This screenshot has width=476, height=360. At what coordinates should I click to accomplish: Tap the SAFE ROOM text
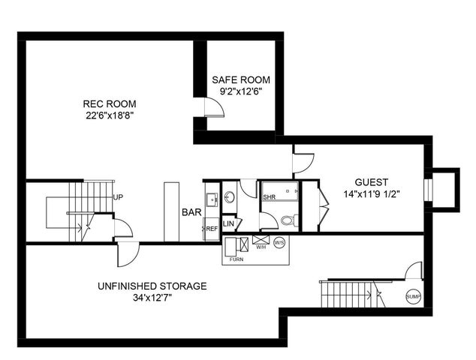point(240,80)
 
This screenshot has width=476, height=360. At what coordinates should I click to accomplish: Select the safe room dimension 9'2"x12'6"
point(240,91)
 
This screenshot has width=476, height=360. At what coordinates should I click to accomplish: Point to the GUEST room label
point(372,181)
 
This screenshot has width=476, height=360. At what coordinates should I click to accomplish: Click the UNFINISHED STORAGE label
point(152,286)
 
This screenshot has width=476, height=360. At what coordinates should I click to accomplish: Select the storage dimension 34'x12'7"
point(152,298)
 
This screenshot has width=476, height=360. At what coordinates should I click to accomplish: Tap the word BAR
point(191,212)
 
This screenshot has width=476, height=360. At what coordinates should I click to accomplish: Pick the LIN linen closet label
point(229,223)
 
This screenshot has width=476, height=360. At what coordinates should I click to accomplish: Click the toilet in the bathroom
point(288,220)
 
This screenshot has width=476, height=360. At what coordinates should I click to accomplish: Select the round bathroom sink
point(229,197)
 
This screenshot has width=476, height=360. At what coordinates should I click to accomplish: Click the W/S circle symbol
point(279,242)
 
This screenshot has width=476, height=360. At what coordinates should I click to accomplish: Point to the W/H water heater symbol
point(261,241)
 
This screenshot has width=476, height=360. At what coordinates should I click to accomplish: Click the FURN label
point(236,258)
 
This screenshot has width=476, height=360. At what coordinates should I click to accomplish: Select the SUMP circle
point(413,296)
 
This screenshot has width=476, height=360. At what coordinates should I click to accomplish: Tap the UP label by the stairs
point(118,197)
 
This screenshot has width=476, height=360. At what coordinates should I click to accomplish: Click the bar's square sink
point(211,199)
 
